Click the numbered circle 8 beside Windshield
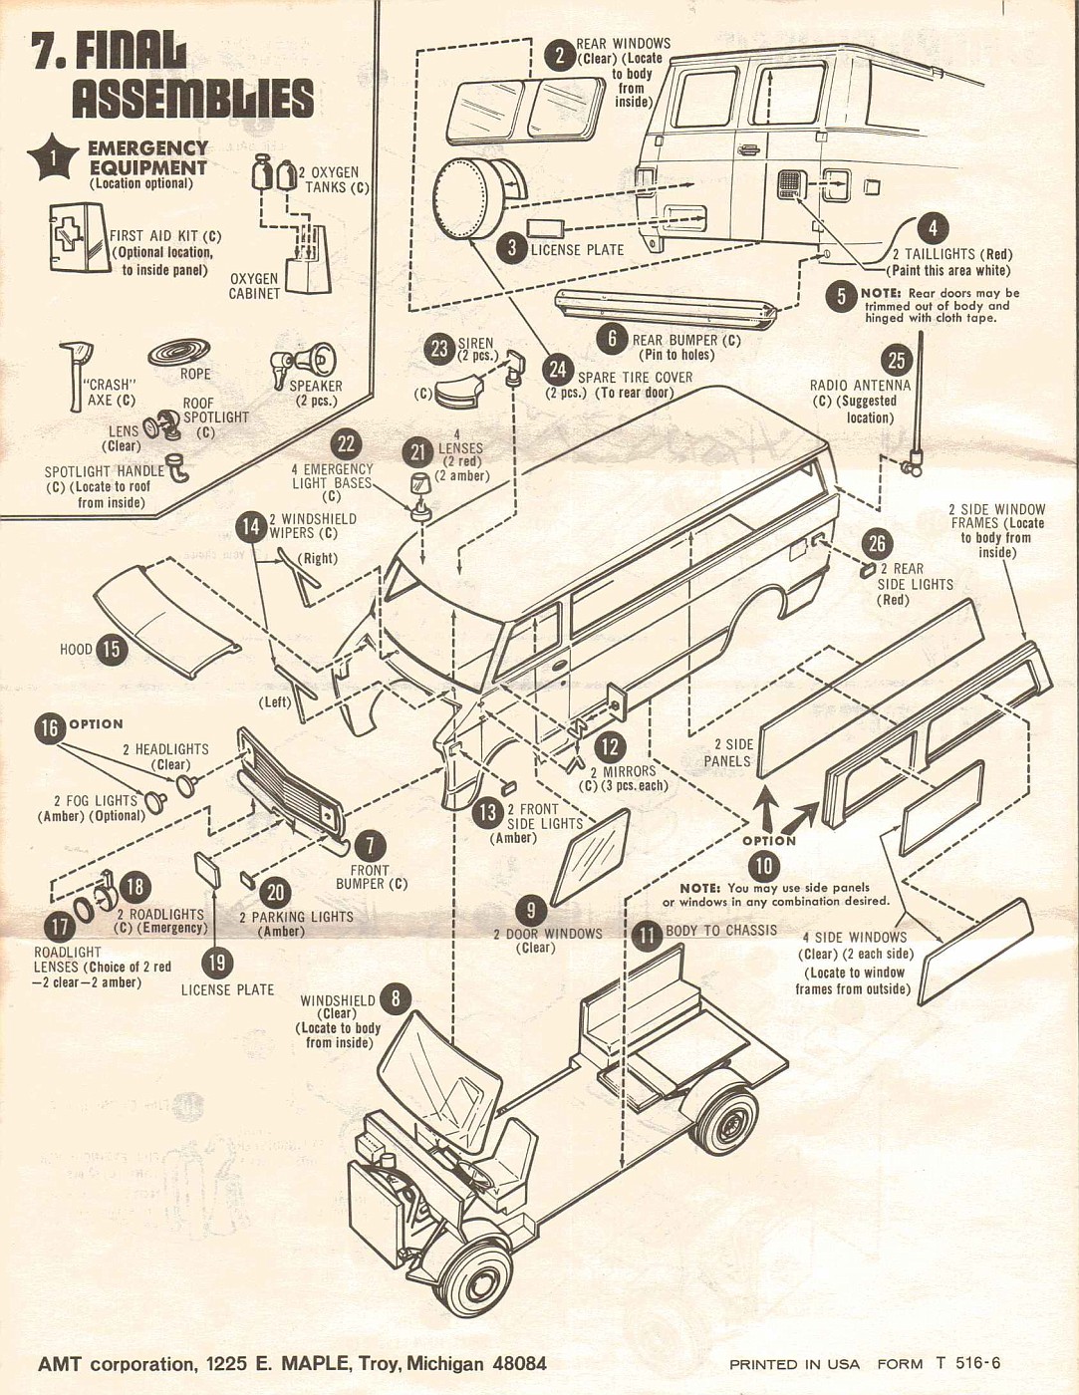(x=396, y=998)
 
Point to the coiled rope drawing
(x=179, y=352)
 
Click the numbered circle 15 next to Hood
(x=111, y=650)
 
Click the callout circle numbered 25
(x=897, y=360)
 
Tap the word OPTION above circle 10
(x=768, y=840)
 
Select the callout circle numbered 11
(x=648, y=933)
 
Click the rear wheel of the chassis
(x=725, y=1115)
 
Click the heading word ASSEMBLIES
(x=192, y=99)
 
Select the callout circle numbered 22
(x=346, y=445)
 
